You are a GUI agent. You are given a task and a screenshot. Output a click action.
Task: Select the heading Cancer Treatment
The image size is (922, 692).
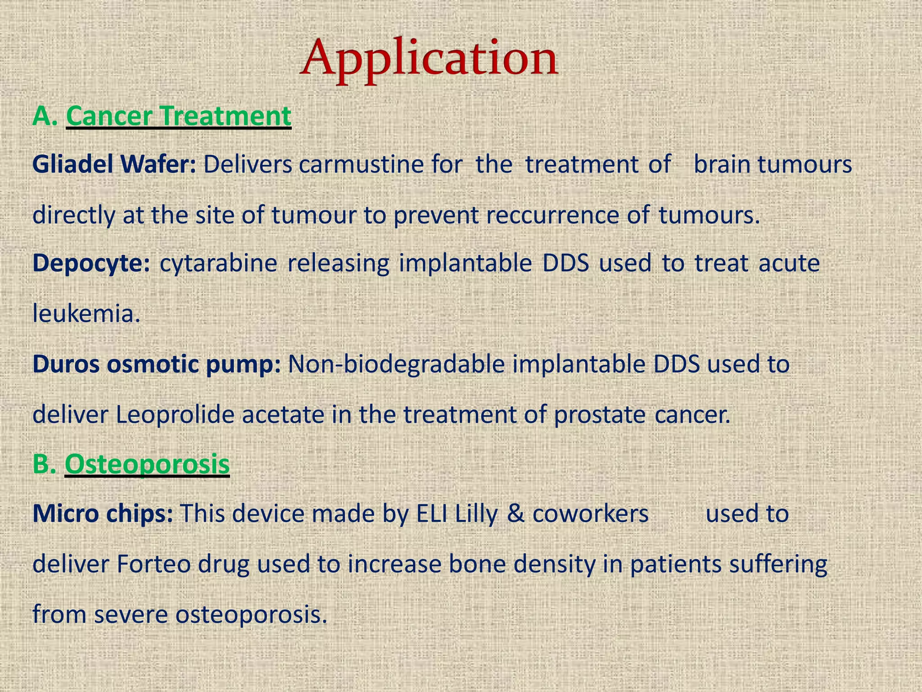[x=179, y=116]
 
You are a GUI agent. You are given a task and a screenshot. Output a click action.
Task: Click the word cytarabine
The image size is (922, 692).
[x=218, y=263]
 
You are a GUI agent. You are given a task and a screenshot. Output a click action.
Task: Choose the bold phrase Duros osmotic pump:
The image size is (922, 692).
[x=157, y=364]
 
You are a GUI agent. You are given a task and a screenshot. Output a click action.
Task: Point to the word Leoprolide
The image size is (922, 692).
[x=175, y=414]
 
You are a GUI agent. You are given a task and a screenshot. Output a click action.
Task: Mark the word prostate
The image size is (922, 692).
[x=599, y=414]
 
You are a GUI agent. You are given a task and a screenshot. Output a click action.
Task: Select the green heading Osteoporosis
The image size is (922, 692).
[x=147, y=464]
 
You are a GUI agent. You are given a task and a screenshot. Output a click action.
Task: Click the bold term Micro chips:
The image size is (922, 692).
[x=103, y=514]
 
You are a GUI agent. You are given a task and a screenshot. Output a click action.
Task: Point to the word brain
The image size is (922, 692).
[x=722, y=164]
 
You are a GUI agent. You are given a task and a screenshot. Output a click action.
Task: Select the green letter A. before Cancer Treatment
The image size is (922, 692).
[x=45, y=116]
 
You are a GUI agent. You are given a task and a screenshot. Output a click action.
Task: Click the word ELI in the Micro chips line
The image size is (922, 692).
[x=432, y=514]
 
